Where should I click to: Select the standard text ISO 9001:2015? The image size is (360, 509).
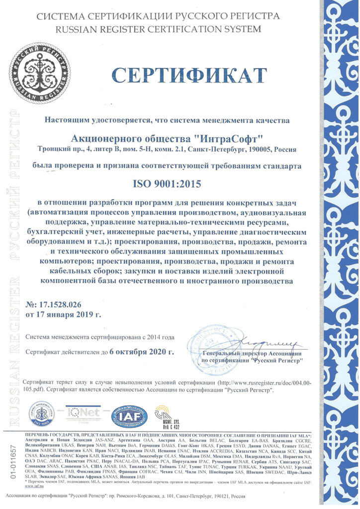(x=166, y=184)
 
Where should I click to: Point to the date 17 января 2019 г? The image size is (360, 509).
(x=69, y=314)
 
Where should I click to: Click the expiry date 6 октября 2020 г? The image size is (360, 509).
(x=142, y=352)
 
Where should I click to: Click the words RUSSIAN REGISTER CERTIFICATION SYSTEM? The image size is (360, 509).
(x=158, y=29)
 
